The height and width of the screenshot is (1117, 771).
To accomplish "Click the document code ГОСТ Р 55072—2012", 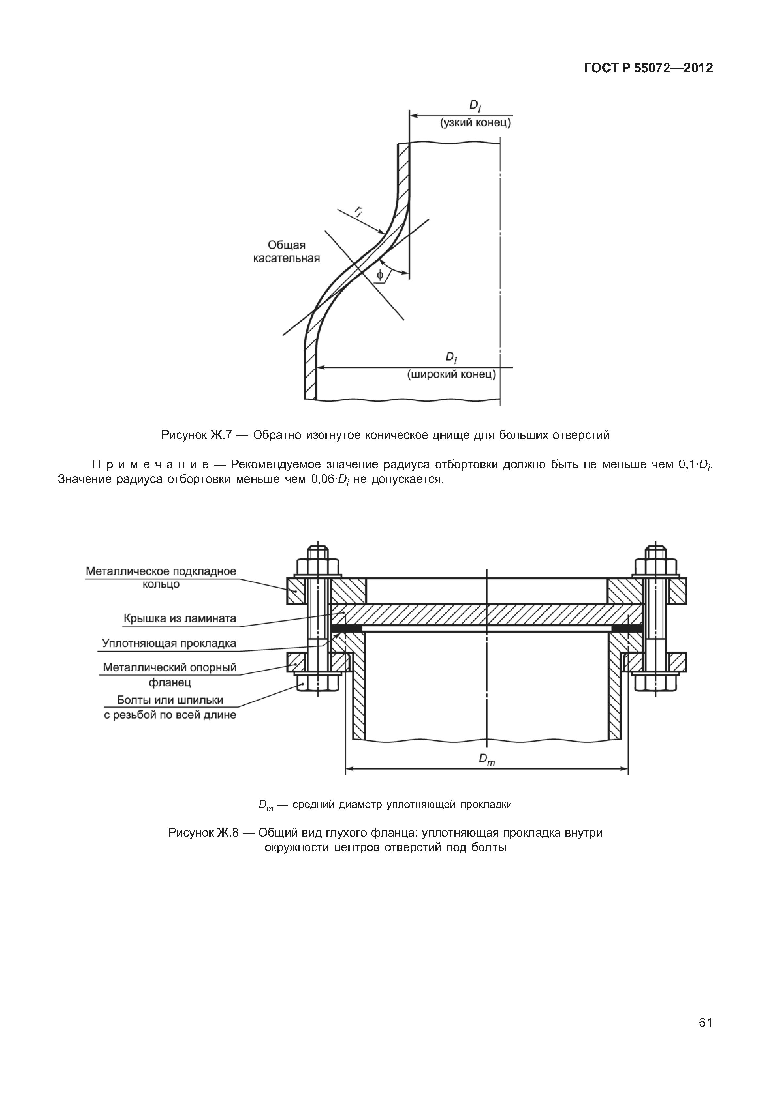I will [648, 68].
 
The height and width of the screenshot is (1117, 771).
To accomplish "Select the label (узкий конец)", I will [475, 123].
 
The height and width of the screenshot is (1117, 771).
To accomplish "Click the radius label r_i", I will [358, 211].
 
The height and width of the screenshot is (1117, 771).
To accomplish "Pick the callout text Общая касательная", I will [287, 251].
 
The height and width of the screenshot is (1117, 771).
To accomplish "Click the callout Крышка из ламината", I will [180, 618].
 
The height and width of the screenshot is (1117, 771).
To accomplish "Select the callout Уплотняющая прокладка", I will [169, 643].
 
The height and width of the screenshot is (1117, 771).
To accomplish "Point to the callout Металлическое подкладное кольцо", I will [161, 577].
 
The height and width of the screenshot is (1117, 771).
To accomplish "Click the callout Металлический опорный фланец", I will [169, 674].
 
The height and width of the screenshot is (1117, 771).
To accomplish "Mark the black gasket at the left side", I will [346, 628].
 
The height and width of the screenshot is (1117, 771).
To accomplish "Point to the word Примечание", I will [150, 464].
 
